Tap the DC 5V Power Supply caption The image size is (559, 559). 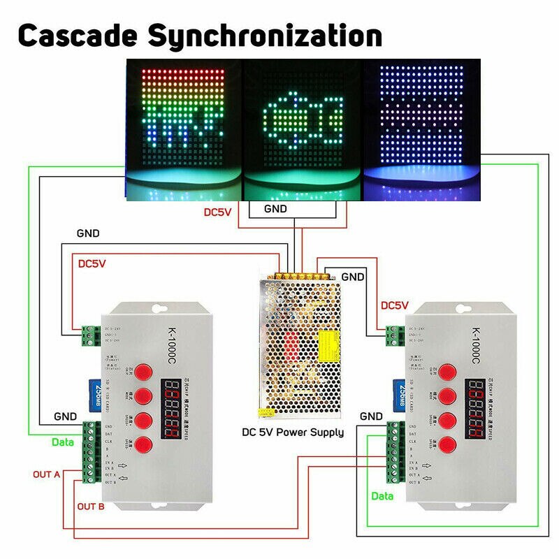(x=293, y=433)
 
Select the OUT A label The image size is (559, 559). (x=47, y=474)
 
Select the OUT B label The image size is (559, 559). (x=91, y=506)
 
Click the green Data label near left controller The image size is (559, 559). (x=63, y=442)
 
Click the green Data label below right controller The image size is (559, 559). (x=382, y=496)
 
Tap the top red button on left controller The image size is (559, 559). (x=144, y=372)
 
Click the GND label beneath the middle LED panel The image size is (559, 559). (x=275, y=209)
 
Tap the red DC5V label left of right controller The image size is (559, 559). (x=394, y=305)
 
